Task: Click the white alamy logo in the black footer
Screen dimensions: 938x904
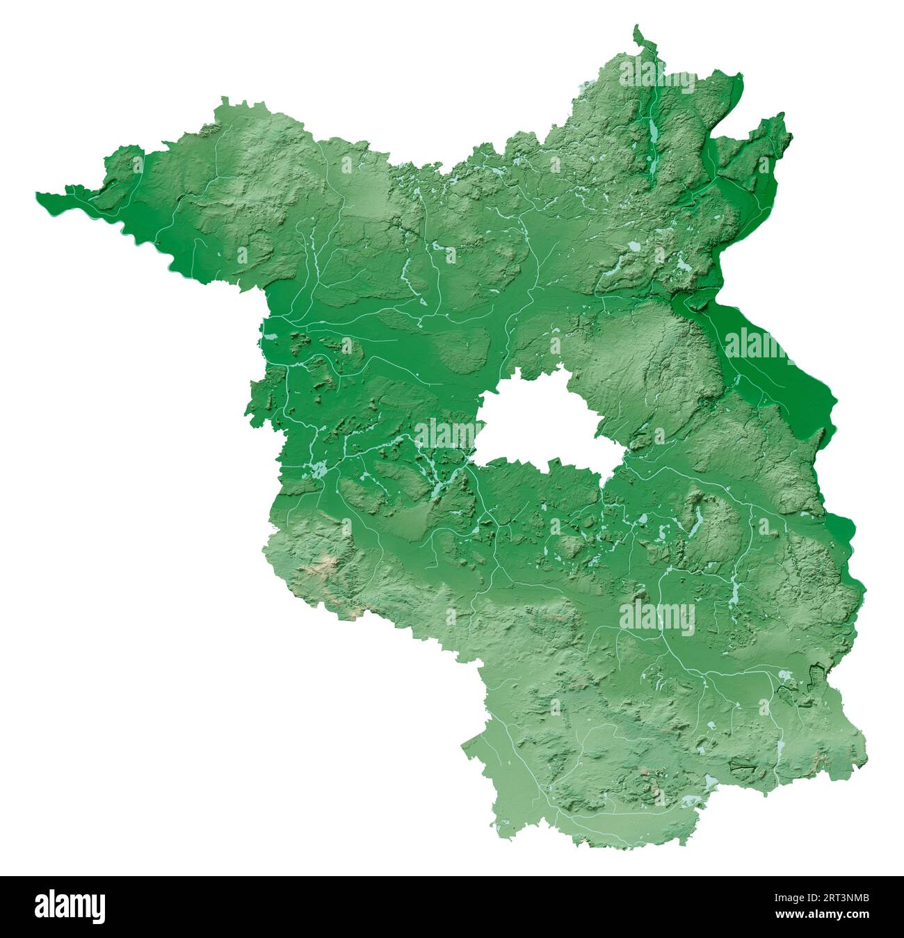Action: [x=70, y=906]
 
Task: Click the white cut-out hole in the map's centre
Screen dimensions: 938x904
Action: [x=542, y=424]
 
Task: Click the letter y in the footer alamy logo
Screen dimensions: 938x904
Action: [x=98, y=908]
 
